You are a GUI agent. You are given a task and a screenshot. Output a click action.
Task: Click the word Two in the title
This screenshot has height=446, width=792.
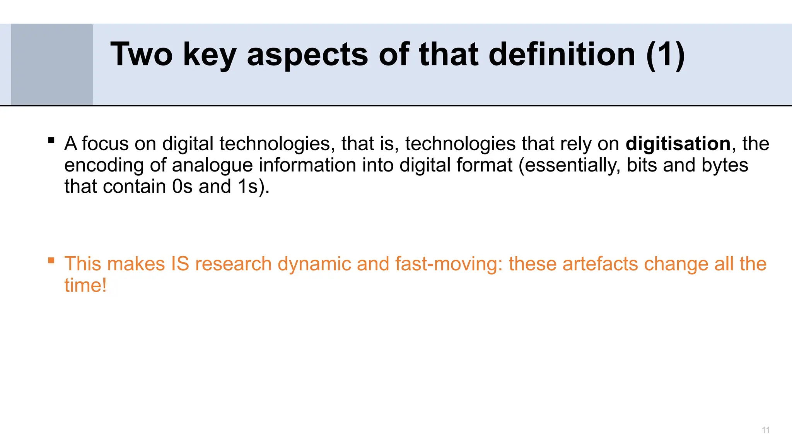click(x=141, y=55)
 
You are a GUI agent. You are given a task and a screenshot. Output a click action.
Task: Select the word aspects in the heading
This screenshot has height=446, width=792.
click(x=307, y=55)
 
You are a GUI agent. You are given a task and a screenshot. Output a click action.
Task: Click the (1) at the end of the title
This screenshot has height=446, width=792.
click(x=666, y=55)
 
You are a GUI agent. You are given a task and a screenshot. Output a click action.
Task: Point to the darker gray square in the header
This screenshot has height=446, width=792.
click(x=52, y=64)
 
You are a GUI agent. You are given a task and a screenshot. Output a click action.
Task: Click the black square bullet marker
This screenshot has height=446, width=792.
click(x=51, y=140)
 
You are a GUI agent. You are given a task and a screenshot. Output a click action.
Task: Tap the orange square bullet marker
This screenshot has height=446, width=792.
click(x=51, y=261)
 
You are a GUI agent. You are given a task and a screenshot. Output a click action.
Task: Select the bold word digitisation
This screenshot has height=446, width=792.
click(x=678, y=144)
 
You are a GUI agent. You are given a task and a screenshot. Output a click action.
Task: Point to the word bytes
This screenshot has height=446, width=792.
click(x=725, y=165)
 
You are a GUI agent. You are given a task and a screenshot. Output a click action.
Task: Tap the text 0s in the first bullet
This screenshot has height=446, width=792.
click(x=182, y=187)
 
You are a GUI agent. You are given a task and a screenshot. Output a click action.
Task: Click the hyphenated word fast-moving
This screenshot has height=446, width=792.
click(x=448, y=264)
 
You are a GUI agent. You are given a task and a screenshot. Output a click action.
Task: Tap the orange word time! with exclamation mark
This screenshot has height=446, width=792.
click(x=85, y=286)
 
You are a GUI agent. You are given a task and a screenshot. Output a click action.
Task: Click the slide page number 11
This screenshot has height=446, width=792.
click(x=765, y=430)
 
